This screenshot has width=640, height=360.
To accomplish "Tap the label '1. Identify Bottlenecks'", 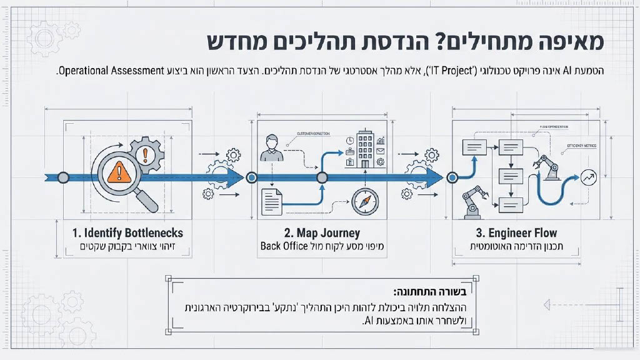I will coord(127,232).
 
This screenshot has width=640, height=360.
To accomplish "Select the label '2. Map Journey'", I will coord(321,232).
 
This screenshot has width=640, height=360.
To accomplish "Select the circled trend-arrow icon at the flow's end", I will coord(587,177).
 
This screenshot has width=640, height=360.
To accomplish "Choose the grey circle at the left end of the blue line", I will coord(63,177).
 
